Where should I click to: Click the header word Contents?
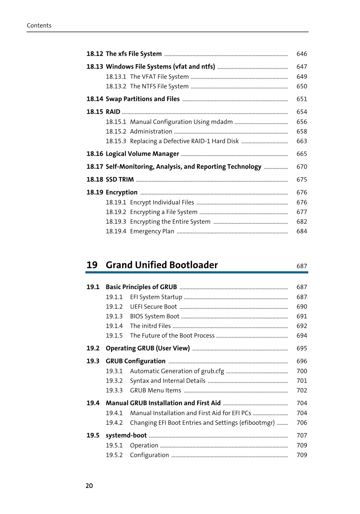pyautogui.click(x=39, y=25)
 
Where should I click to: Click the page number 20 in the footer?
pyautogui.click(x=89, y=485)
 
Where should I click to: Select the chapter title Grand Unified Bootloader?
pyautogui.click(x=161, y=265)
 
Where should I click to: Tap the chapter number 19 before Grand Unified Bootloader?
pyautogui.click(x=92, y=265)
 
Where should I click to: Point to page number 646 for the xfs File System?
pyautogui.click(x=301, y=54)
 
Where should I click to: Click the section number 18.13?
pyautogui.click(x=95, y=67)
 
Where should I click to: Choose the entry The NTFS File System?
pyautogui.click(x=159, y=86)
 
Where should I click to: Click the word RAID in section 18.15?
pyautogui.click(x=113, y=112)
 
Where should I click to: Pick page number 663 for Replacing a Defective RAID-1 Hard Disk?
pyautogui.click(x=301, y=141)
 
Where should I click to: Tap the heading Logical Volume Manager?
pyautogui.click(x=142, y=154)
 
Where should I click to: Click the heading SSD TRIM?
pyautogui.click(x=120, y=180)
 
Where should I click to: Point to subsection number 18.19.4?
pyautogui.click(x=116, y=231)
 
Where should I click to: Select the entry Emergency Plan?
pyautogui.click(x=152, y=231)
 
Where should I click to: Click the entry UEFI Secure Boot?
pyautogui.click(x=153, y=307)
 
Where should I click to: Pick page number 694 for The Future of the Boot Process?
pyautogui.click(x=301, y=336)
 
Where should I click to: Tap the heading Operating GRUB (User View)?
pyautogui.click(x=147, y=348)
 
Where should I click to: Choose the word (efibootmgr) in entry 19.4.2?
pyautogui.click(x=257, y=423)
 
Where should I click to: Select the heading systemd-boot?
pyautogui.click(x=126, y=435)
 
